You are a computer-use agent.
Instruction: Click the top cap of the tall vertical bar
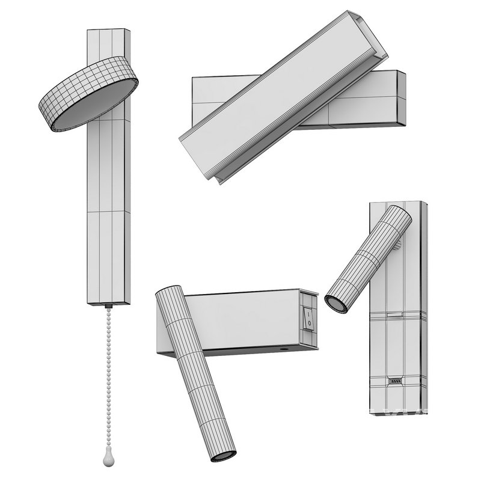(109, 29)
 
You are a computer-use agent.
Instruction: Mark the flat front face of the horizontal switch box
(240, 322)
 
